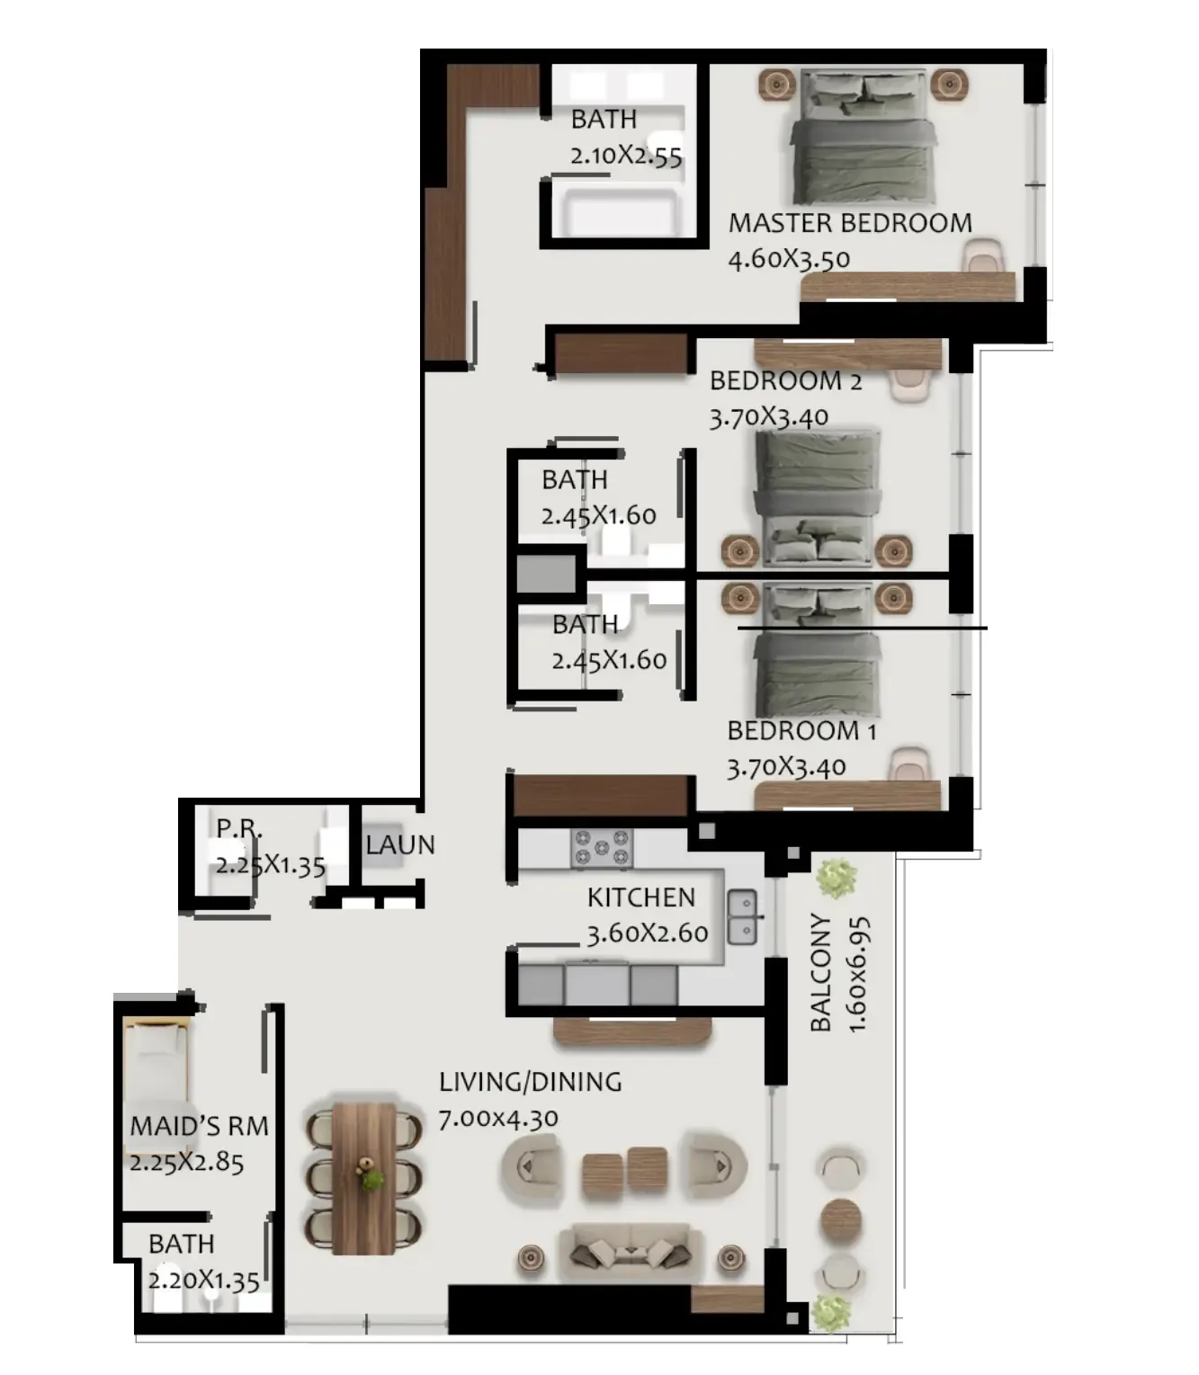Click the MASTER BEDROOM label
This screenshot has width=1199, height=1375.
[849, 223]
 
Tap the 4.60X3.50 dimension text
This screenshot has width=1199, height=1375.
[789, 259]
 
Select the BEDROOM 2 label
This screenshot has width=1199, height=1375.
[785, 381]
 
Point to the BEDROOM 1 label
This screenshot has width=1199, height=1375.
[801, 730]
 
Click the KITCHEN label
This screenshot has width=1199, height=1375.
[641, 897]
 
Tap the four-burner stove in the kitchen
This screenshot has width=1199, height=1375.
[602, 848]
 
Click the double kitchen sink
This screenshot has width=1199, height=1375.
[743, 916]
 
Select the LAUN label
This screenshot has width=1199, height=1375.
[400, 844]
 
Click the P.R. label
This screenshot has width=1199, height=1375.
[239, 828]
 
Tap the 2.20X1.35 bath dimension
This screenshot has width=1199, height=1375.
[203, 1281]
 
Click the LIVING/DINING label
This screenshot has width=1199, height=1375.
[531, 1082]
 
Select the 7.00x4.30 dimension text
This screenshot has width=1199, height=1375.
[498, 1119]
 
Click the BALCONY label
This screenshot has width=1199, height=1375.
[820, 972]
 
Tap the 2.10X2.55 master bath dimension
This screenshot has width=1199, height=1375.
[626, 156]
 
